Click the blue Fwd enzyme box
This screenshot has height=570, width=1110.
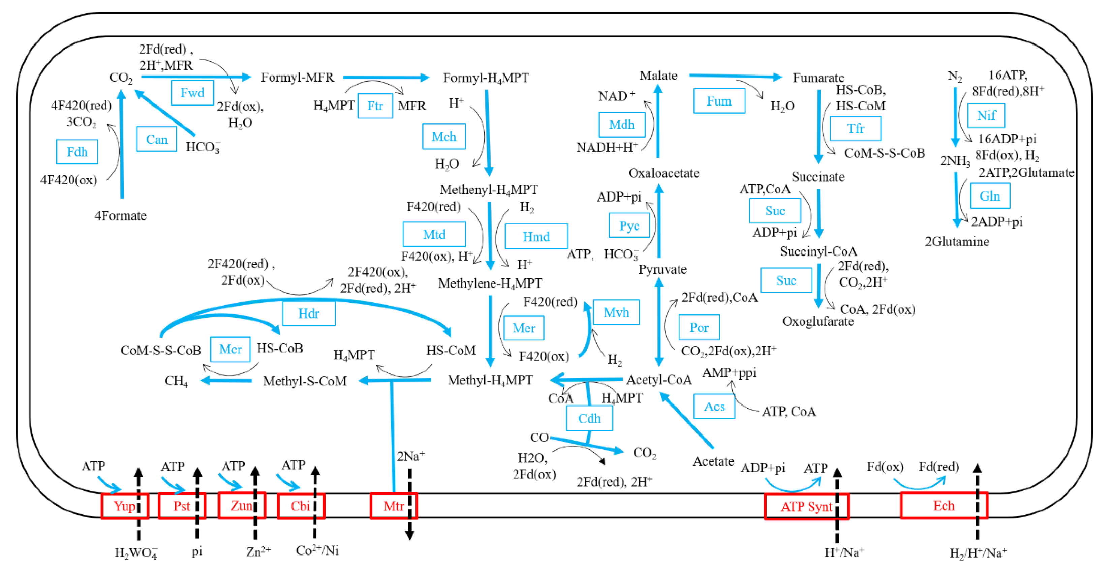click(x=192, y=93)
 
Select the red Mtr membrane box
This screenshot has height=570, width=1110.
click(x=393, y=506)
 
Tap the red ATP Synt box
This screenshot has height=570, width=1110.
click(x=806, y=507)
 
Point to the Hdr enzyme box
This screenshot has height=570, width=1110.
click(x=309, y=313)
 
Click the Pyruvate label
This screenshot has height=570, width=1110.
click(x=662, y=269)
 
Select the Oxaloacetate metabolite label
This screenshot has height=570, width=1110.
click(x=664, y=173)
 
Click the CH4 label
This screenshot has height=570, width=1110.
click(x=176, y=381)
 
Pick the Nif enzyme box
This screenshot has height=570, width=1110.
click(x=986, y=116)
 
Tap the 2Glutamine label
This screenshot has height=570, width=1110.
click(x=957, y=242)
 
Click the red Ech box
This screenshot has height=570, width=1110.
click(x=943, y=505)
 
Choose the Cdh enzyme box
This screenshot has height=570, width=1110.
click(x=589, y=418)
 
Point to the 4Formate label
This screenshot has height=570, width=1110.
click(x=121, y=216)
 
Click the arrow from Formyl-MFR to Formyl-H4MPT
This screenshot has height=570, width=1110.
click(x=386, y=77)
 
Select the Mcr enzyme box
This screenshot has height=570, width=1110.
click(x=230, y=349)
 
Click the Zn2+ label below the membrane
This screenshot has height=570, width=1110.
click(x=258, y=552)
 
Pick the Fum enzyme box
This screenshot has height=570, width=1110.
click(x=719, y=101)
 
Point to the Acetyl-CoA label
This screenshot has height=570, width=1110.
click(x=659, y=380)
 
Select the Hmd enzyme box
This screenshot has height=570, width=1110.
click(x=536, y=236)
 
